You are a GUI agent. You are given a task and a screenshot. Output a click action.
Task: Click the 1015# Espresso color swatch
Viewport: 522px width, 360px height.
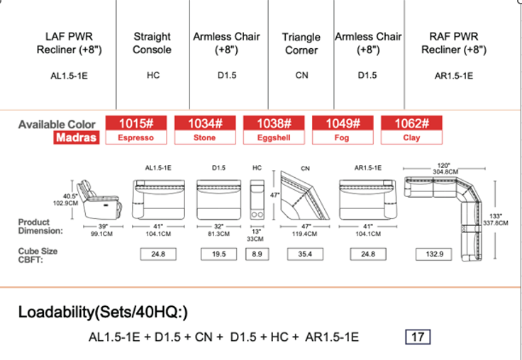136,130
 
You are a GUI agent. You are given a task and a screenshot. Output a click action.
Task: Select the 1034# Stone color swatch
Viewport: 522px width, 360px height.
205,130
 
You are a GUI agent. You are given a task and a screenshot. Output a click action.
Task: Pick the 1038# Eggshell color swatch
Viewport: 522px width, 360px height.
274,130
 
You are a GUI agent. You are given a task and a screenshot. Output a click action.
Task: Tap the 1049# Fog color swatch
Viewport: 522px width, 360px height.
343,130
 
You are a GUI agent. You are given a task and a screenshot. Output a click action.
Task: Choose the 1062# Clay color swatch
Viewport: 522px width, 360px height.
411,130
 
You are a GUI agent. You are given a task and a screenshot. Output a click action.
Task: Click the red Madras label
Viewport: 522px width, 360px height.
77,137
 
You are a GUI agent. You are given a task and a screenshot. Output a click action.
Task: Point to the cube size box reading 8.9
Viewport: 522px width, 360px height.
257,254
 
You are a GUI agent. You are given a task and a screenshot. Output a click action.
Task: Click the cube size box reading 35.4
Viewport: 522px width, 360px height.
305,254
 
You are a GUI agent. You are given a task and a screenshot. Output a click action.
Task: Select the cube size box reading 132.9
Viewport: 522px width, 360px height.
434,254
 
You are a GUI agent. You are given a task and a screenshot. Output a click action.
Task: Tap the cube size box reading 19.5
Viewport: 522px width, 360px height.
218,254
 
